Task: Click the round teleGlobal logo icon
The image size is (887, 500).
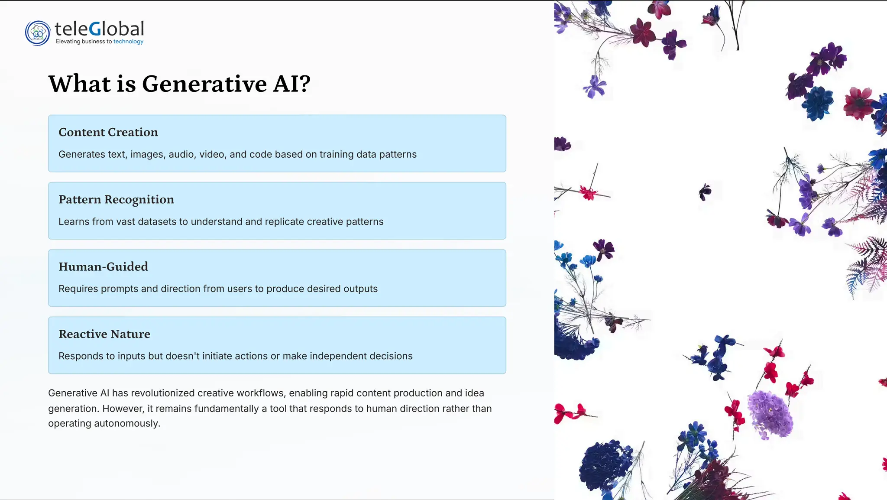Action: click(38, 33)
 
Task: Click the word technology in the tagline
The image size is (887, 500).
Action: click(128, 42)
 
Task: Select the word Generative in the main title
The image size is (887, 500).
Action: click(204, 84)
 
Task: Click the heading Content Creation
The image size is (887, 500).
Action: click(108, 132)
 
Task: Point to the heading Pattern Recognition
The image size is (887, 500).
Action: click(116, 199)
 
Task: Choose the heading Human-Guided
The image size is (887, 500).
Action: click(103, 266)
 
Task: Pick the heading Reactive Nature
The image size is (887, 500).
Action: click(104, 334)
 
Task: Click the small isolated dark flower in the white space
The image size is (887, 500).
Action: click(705, 192)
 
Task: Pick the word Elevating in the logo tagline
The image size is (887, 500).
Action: click(68, 42)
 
